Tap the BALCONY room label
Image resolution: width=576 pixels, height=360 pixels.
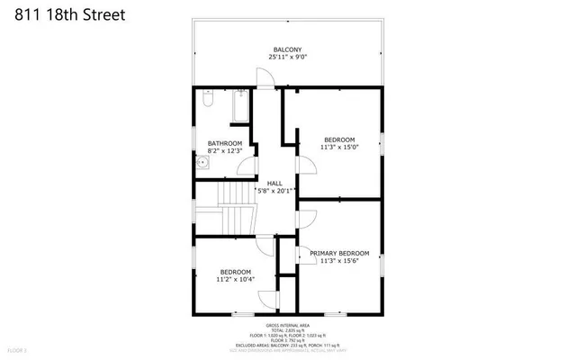pos(287,49)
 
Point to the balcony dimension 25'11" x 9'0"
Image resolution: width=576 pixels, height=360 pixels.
pos(287,58)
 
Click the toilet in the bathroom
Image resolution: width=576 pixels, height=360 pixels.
pos(206,103)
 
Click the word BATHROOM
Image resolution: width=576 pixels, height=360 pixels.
pos(225,143)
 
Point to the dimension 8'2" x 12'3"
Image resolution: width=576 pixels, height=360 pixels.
pos(225,151)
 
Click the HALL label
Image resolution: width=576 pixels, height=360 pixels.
pos(274,183)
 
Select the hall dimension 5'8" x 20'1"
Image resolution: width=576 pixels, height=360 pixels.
pos(274,191)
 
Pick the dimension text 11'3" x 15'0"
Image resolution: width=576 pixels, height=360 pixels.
pos(340,148)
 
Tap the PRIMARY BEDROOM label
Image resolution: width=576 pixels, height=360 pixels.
pos(339,253)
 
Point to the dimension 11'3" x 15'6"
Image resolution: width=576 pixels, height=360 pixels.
pos(339,261)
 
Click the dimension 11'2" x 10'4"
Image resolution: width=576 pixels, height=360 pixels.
pos(236,280)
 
